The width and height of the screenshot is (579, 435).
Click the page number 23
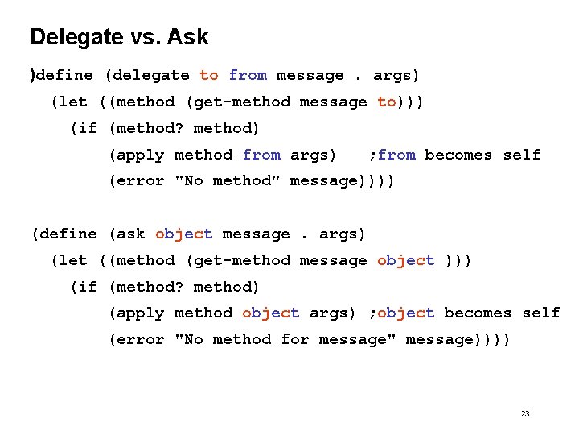tap(525, 413)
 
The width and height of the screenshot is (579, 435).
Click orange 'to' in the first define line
tap(209, 75)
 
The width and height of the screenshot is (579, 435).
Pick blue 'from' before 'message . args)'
tap(248, 75)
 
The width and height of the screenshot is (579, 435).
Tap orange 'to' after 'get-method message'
tap(386, 101)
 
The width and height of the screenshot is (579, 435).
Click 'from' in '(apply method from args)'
tap(261, 155)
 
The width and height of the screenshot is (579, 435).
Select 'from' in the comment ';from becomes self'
tap(396, 155)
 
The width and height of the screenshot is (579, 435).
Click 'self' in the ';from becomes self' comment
tap(522, 155)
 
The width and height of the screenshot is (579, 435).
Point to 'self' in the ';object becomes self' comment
tap(541, 313)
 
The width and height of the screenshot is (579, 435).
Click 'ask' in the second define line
tap(129, 234)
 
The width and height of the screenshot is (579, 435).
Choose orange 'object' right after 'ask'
tap(184, 234)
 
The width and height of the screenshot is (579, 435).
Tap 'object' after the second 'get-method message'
tap(405, 260)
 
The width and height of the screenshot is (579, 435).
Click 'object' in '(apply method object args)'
tap(270, 313)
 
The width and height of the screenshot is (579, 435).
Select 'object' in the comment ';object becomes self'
tap(405, 313)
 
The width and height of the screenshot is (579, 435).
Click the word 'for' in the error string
tap(295, 339)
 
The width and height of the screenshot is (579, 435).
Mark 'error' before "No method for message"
tap(141, 339)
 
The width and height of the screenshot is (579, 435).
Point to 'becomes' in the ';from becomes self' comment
tap(458, 155)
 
